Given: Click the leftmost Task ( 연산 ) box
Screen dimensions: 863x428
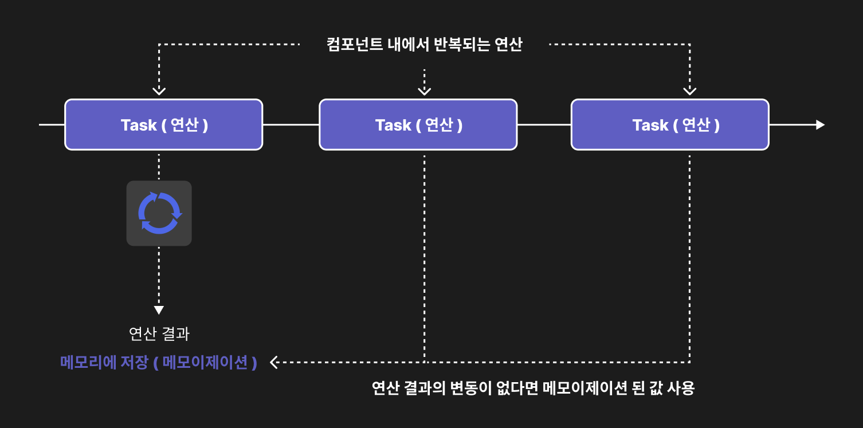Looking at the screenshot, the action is coord(164,124).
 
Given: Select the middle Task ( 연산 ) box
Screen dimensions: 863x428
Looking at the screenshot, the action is coord(418,124).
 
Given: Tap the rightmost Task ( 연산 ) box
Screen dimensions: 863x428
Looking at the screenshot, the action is coord(670,124).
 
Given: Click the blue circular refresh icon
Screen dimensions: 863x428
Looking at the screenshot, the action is coord(159,213).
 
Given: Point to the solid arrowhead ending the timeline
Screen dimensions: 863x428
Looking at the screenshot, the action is coord(820,125).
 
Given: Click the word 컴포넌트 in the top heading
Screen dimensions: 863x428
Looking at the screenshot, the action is coord(355,44).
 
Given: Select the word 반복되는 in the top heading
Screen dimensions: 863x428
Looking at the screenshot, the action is coord(461,44).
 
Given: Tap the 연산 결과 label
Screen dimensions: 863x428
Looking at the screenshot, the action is coord(159,333).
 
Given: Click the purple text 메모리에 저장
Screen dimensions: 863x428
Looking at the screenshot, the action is coord(104,363).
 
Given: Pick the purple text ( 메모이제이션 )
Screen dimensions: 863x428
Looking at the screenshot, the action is coord(205,363).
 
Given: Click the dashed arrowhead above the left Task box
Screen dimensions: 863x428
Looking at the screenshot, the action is coord(159,91).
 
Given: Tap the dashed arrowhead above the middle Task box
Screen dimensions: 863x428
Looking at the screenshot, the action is coord(424,91).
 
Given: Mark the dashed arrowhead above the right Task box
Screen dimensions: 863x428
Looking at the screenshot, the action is coord(689,91).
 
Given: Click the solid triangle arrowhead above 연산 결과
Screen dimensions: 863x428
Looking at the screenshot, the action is coord(159,310).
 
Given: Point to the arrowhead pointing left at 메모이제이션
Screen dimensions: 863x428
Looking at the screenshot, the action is coord(274,363).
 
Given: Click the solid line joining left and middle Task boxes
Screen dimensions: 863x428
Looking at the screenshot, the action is coord(291,124).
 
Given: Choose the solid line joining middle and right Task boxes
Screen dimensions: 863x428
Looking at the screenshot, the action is coord(544,124).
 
